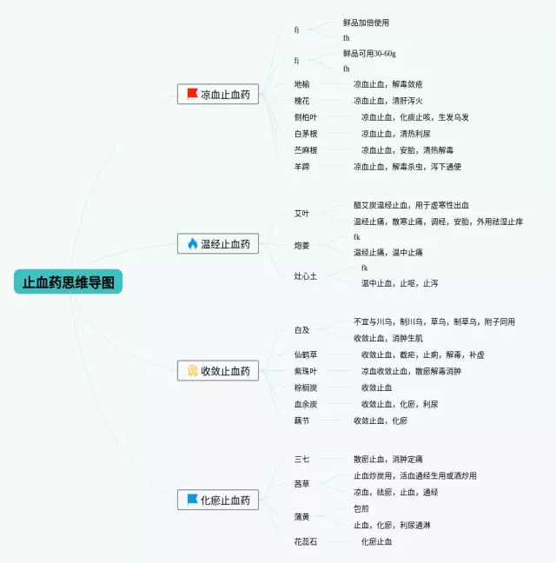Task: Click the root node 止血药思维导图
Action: [68, 281]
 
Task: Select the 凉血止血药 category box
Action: [217, 94]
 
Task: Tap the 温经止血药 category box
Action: [217, 244]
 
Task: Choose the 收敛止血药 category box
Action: [217, 371]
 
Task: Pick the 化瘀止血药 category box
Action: [217, 500]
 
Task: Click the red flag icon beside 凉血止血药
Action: [192, 94]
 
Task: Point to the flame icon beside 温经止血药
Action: [192, 244]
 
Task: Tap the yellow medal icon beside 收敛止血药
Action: [192, 371]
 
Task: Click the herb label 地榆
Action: [301, 84]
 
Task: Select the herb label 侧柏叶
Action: [306, 117]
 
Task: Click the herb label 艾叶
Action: [301, 214]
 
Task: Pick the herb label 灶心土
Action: [306, 275]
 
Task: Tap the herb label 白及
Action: [301, 330]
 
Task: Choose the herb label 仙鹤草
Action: [306, 354]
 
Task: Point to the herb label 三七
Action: [301, 459]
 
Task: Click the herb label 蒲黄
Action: [301, 517]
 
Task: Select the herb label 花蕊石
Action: [306, 541]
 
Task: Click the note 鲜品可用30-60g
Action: [369, 54]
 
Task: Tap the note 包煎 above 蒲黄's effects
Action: [361, 508]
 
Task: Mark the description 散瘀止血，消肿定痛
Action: [387, 459]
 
